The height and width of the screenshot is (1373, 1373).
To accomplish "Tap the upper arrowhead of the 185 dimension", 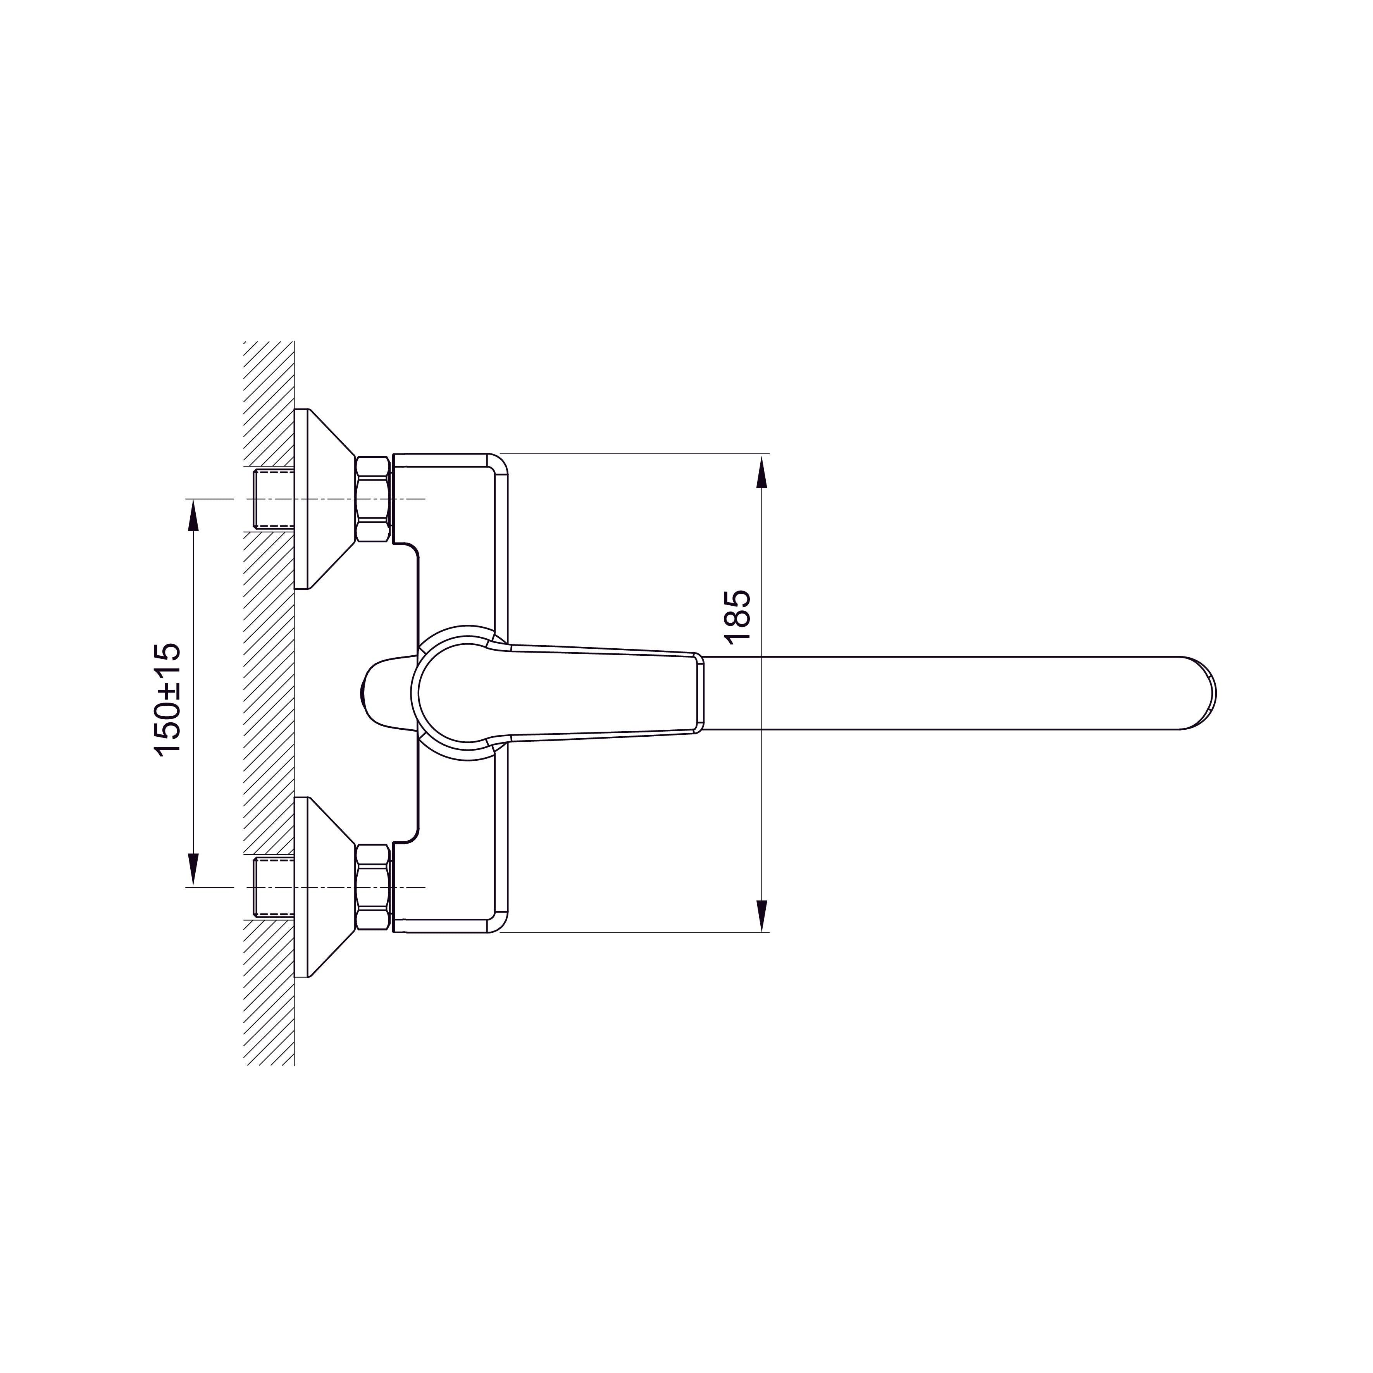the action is pos(762,473).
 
